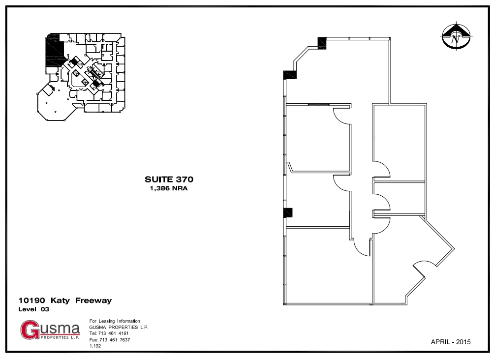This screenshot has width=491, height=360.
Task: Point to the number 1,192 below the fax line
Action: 95,346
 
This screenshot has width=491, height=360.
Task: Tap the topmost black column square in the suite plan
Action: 322,43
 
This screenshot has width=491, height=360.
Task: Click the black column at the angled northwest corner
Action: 289,75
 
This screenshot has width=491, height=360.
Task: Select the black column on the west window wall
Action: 288,212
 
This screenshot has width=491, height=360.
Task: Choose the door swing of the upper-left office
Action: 341,116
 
